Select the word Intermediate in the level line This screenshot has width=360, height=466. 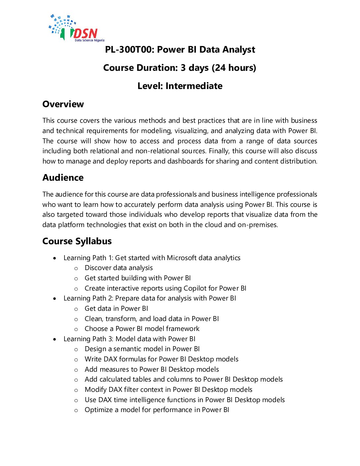(x=194, y=86)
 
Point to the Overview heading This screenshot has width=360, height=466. (x=63, y=104)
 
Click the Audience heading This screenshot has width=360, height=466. (x=63, y=178)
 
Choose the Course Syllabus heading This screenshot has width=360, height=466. (x=77, y=241)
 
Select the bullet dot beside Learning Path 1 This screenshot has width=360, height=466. (x=55, y=258)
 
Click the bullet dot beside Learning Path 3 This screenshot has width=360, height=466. (x=55, y=339)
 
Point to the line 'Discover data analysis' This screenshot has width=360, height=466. (x=118, y=268)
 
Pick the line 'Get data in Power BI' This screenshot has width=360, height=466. (x=116, y=309)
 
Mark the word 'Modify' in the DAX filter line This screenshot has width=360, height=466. (x=96, y=390)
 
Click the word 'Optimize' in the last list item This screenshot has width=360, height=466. (x=99, y=410)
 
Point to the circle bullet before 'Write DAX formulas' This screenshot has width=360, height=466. (x=76, y=360)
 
